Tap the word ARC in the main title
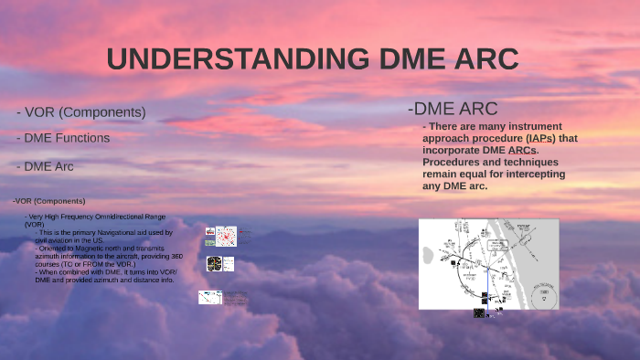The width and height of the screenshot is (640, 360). pyautogui.click(x=482, y=59)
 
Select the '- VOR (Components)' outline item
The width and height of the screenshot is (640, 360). pyautogui.click(x=81, y=112)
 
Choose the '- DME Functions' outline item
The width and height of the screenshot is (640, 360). pyautogui.click(x=63, y=138)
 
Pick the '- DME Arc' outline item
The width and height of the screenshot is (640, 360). pyautogui.click(x=45, y=166)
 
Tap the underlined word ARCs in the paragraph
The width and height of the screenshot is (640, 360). pyautogui.click(x=517, y=150)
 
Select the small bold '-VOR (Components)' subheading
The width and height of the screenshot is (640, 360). pyautogui.click(x=49, y=201)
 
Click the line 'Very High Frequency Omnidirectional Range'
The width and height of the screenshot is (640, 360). pyautogui.click(x=95, y=216)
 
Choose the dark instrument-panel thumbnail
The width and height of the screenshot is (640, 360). pyautogui.click(x=214, y=264)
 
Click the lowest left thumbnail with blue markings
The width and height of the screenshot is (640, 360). pyautogui.click(x=210, y=297)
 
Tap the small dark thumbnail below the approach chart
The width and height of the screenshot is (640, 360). pyautogui.click(x=479, y=313)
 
